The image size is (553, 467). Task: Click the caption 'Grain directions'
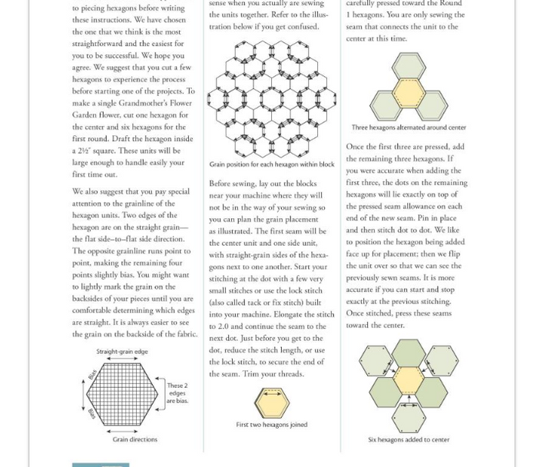point(134,440)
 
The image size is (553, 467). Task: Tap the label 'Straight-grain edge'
point(122,352)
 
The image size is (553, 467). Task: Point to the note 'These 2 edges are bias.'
point(177,393)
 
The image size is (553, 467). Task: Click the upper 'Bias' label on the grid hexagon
point(92,374)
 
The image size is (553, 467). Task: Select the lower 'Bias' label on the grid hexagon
point(92,414)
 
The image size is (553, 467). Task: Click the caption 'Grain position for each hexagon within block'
point(272,164)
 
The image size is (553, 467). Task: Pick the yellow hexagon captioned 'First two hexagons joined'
point(271,402)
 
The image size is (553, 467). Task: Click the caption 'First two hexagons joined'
point(271,425)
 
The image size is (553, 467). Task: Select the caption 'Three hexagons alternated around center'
point(409,128)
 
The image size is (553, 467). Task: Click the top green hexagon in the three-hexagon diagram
point(409,66)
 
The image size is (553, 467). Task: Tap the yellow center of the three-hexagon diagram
point(409,91)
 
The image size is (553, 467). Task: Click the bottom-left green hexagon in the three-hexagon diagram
point(387,104)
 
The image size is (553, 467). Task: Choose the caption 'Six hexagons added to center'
point(408,440)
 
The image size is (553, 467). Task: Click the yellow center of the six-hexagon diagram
point(409,379)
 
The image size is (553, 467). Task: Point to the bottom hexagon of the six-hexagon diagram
point(409,417)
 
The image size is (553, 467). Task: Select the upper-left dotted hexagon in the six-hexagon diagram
point(376,360)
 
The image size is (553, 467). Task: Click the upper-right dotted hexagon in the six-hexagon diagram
point(441,360)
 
